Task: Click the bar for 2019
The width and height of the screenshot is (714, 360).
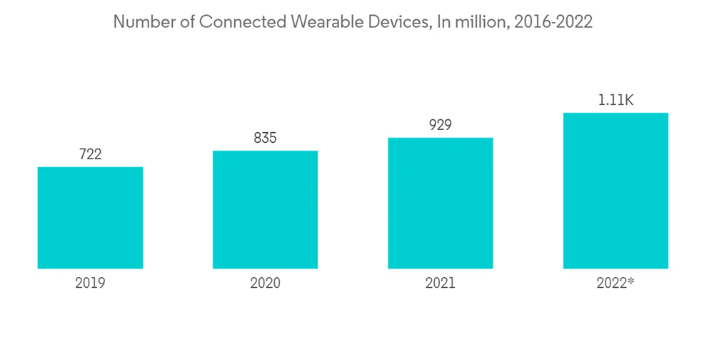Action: tap(90, 218)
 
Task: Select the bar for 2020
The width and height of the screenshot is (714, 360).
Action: tap(265, 209)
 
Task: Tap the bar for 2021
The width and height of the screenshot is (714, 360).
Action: tap(440, 203)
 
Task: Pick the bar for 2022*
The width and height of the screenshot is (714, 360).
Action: tap(615, 191)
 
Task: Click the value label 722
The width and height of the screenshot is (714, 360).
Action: tap(90, 154)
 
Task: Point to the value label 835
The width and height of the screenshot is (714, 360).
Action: tap(265, 138)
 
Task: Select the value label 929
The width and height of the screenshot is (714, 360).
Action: tap(440, 125)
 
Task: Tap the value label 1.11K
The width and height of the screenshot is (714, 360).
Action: tap(615, 100)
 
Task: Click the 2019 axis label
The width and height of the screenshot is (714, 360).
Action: tap(90, 283)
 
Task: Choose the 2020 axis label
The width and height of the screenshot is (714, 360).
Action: tap(265, 283)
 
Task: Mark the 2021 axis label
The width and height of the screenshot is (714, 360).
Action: tap(440, 283)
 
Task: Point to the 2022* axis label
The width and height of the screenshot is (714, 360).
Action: tap(615, 283)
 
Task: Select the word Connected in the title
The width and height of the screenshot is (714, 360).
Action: tap(241, 22)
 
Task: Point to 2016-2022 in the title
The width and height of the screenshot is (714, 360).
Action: tap(550, 22)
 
